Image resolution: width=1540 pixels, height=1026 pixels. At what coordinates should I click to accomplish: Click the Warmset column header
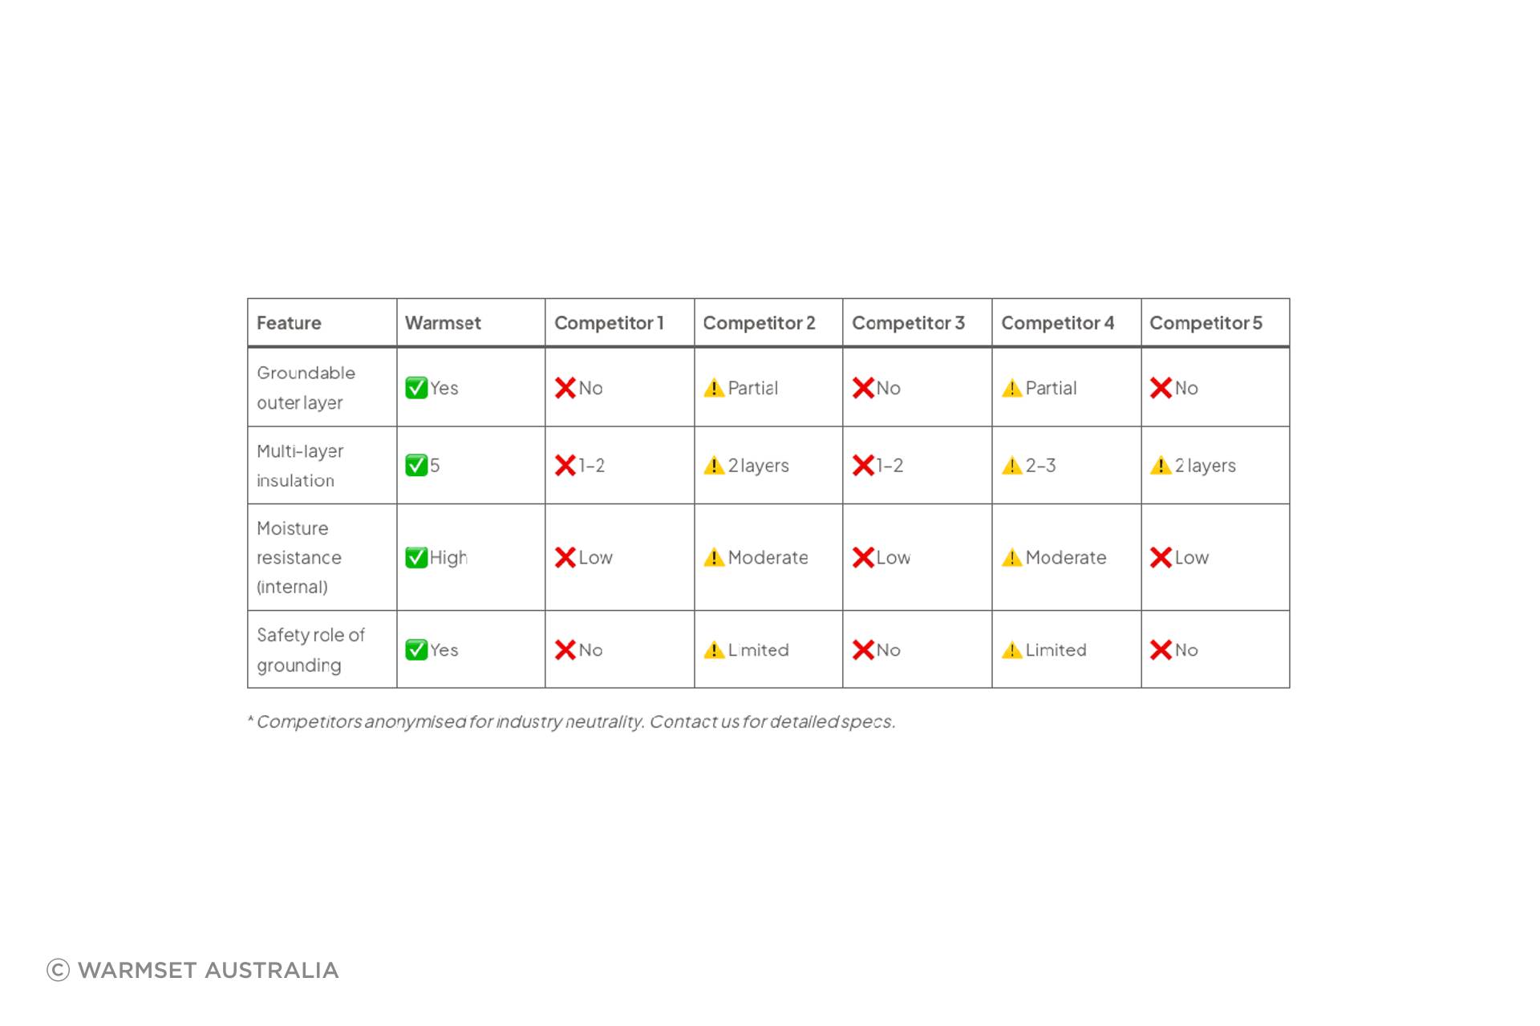click(443, 323)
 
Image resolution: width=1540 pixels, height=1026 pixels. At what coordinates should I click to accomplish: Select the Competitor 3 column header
click(908, 323)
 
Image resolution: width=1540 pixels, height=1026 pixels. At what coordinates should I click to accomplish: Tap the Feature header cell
click(289, 323)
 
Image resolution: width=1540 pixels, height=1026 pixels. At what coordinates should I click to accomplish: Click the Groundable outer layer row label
click(306, 388)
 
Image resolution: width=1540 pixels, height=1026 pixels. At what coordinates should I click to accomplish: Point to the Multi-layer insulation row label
click(300, 466)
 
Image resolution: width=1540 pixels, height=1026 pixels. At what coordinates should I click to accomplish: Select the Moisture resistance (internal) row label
click(298, 558)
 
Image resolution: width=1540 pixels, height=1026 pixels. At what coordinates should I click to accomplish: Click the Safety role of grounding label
click(310, 650)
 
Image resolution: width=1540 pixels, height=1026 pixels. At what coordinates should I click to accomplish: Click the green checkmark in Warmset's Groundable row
click(416, 388)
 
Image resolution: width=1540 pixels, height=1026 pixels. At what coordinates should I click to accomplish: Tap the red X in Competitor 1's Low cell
click(565, 558)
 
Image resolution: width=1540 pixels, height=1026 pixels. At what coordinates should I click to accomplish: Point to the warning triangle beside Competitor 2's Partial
click(714, 388)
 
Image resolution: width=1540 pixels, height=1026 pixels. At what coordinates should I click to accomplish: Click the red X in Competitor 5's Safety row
click(1161, 650)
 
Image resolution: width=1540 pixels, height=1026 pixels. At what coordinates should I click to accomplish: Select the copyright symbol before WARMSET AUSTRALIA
click(59, 970)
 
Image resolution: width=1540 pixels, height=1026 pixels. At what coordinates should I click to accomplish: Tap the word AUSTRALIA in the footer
click(272, 970)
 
